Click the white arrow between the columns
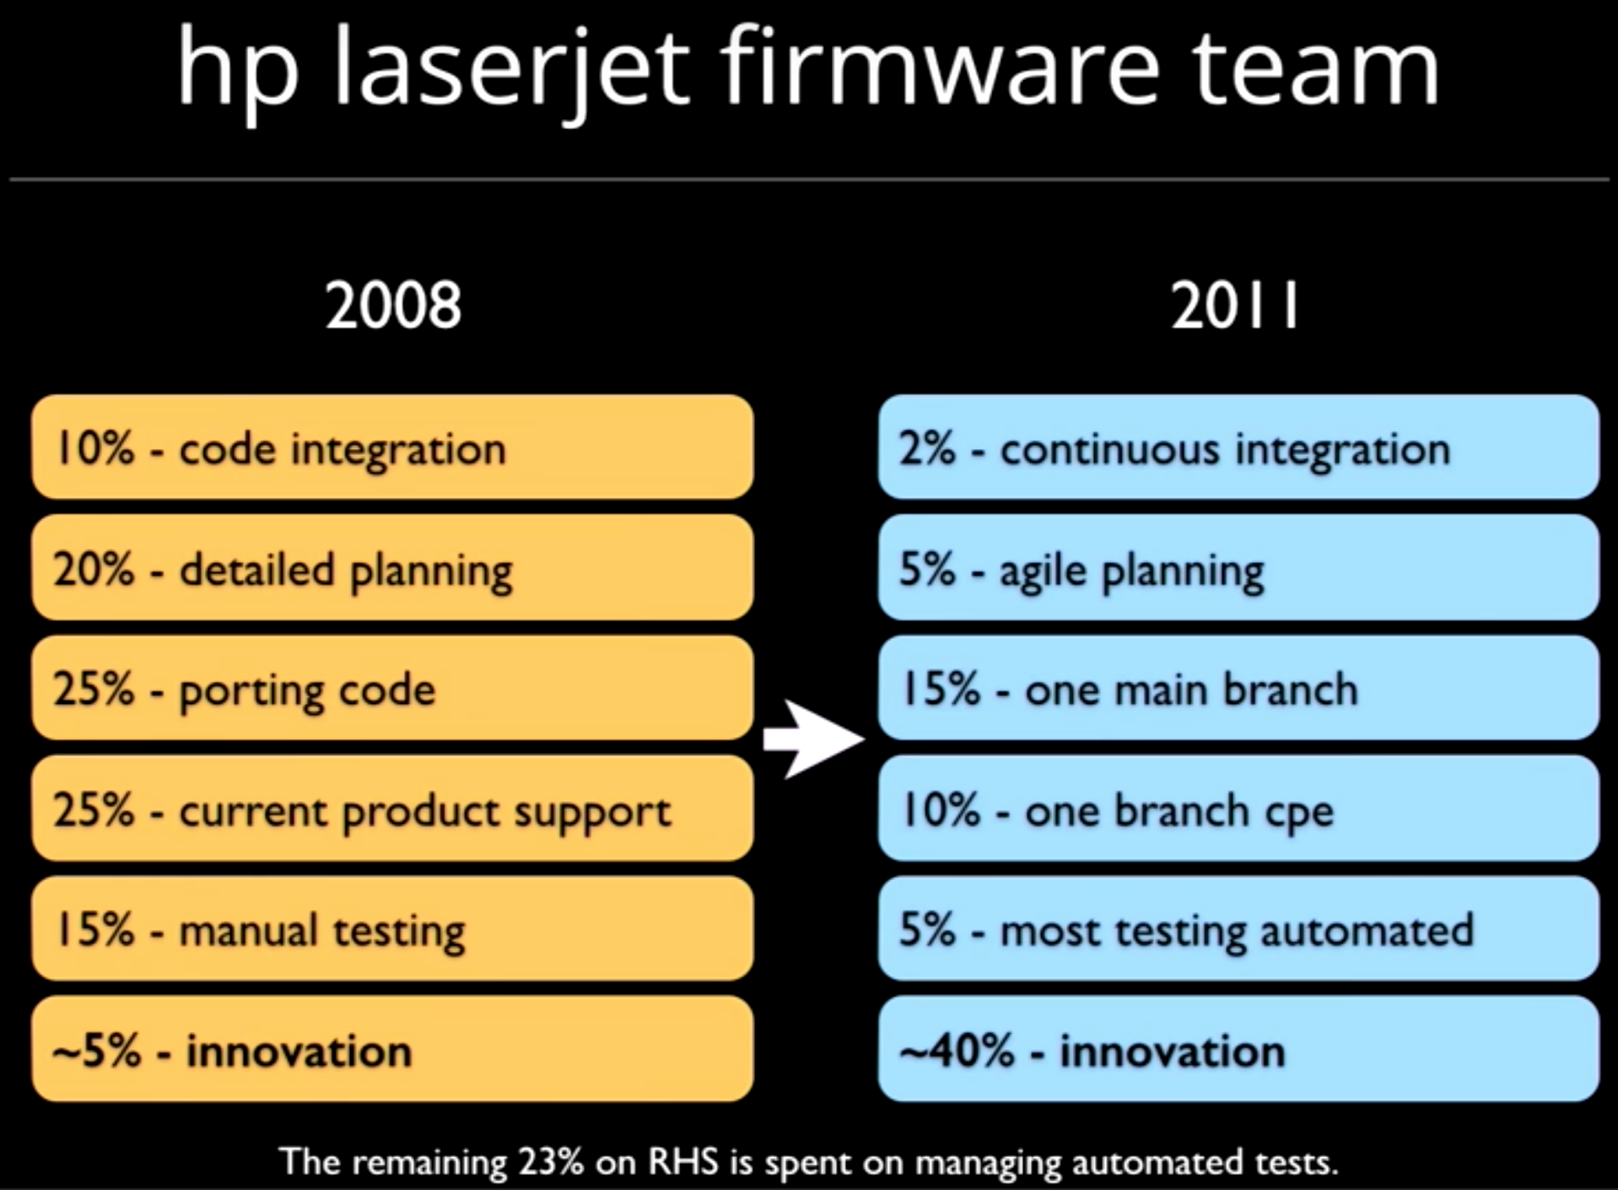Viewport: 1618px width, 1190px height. [x=813, y=738]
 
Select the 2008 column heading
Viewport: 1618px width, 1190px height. [x=393, y=305]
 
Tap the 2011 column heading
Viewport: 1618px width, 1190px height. [x=1235, y=305]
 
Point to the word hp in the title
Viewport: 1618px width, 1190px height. [x=238, y=73]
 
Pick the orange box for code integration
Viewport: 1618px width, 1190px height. [x=393, y=447]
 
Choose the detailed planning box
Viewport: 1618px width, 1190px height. [x=393, y=568]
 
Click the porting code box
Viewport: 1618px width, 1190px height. [x=393, y=689]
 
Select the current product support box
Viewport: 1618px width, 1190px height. [x=393, y=809]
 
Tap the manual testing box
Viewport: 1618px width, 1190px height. [x=393, y=928]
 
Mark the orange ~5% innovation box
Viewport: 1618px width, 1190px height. [x=393, y=1049]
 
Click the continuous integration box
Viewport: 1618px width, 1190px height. [x=1238, y=447]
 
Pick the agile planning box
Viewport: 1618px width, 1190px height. [x=1238, y=568]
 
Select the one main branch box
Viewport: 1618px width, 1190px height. [x=1238, y=689]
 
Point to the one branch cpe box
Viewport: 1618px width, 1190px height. [x=1238, y=809]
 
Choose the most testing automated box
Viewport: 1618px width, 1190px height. [x=1238, y=928]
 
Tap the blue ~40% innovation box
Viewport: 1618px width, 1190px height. [x=1238, y=1049]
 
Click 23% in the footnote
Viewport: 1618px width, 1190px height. [x=551, y=1162]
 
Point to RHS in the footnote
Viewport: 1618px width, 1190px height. [x=683, y=1162]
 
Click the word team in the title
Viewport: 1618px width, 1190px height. [x=1315, y=68]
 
